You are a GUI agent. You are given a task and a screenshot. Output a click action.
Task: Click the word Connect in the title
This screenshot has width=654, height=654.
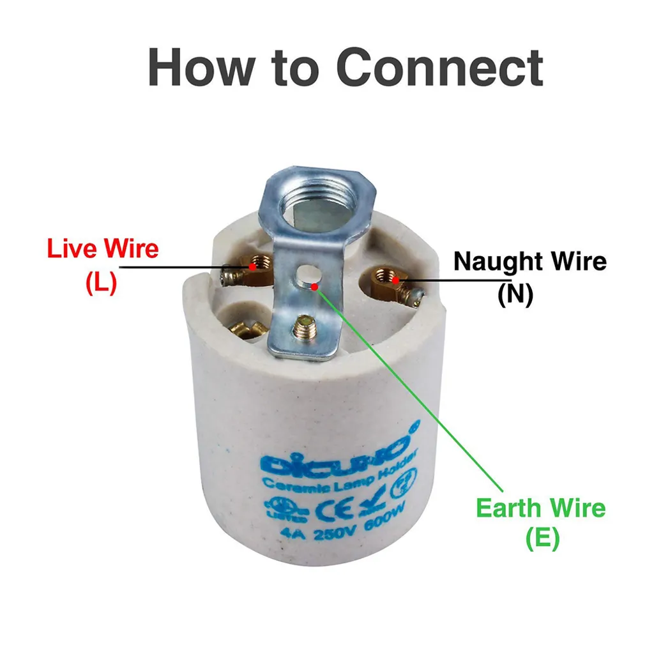[439, 67]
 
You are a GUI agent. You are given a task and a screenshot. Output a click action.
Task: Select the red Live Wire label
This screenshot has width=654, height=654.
[103, 248]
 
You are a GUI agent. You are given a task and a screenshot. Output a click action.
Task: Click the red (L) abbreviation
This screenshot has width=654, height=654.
[101, 283]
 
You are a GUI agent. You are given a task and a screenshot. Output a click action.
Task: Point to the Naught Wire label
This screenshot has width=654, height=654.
[529, 261]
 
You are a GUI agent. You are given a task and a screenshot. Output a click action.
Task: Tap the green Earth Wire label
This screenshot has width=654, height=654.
[540, 508]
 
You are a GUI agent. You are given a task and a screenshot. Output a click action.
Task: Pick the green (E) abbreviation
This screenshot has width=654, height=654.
[542, 540]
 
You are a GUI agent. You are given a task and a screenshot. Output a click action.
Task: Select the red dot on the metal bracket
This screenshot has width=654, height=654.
[314, 287]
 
